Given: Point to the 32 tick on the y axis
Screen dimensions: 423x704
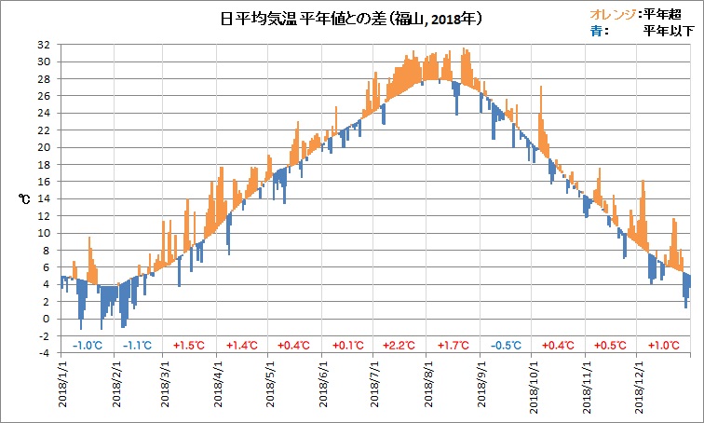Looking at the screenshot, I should click(44, 45).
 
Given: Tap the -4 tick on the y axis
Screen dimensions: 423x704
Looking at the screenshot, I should click(44, 353).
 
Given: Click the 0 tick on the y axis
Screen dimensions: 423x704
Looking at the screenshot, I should click(47, 319).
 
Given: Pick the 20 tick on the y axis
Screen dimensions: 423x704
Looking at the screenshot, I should click(44, 147).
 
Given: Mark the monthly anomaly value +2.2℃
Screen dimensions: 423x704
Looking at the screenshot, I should click(401, 345).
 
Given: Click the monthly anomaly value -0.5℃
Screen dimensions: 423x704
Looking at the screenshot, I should click(507, 345).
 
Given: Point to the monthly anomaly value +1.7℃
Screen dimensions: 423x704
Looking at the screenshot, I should click(454, 345).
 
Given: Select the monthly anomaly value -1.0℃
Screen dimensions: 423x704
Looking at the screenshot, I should click(87, 345).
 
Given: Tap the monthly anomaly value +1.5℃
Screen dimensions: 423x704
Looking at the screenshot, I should click(190, 345).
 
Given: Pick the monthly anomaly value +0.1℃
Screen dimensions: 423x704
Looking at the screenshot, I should click(348, 345).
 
